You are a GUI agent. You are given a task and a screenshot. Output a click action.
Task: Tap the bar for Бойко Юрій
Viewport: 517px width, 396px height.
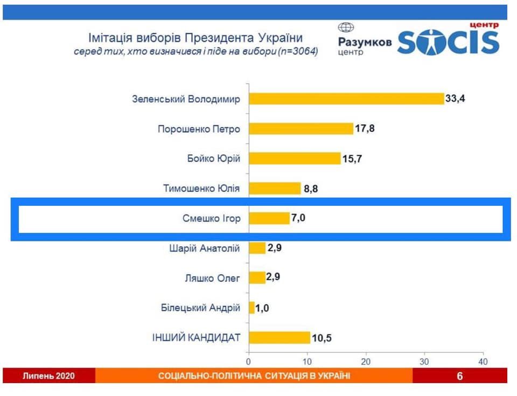(295, 158)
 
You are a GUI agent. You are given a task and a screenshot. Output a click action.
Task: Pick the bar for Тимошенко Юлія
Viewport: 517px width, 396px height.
(275, 188)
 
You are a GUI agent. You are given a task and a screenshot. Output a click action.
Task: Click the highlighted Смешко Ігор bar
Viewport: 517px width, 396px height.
(269, 218)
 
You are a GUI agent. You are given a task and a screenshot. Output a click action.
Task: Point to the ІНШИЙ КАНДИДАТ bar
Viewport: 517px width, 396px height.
(280, 337)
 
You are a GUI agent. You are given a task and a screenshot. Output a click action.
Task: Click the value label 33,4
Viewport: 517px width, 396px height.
(455, 99)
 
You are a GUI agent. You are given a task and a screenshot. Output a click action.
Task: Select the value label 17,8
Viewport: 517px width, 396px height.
(365, 129)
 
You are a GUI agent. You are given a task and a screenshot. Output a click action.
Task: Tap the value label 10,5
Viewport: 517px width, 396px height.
(322, 337)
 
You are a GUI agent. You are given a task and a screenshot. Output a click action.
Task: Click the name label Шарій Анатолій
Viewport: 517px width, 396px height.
(205, 248)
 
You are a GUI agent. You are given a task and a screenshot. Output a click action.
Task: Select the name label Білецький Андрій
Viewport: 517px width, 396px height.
(200, 308)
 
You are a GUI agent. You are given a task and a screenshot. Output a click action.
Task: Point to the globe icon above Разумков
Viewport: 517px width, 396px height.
(346, 28)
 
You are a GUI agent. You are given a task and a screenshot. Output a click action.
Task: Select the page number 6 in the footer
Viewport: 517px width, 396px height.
(459, 376)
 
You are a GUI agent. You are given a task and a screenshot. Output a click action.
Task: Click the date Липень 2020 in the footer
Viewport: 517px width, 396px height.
(48, 376)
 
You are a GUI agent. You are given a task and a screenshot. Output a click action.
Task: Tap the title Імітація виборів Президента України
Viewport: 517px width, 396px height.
(195, 38)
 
